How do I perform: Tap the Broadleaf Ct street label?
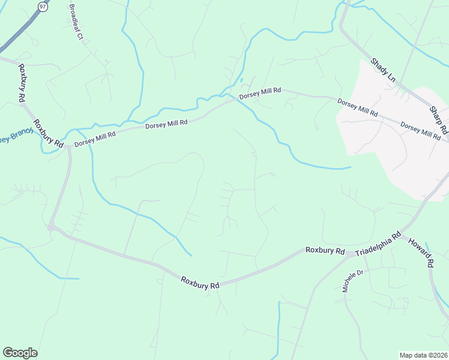click(x=76, y=23)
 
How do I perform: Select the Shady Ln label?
click(x=383, y=70)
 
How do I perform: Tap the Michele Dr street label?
click(x=354, y=281)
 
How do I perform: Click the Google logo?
click(x=20, y=353)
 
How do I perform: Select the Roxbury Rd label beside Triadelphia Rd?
click(x=325, y=251)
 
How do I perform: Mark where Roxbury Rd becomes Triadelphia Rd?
click(x=349, y=254)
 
